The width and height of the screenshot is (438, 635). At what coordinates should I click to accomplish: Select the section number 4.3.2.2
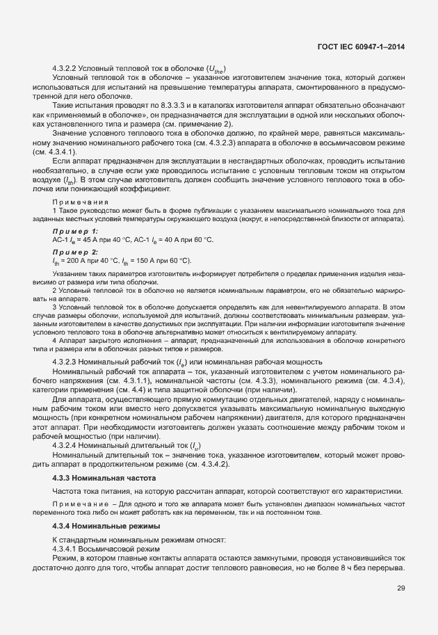(x=65, y=67)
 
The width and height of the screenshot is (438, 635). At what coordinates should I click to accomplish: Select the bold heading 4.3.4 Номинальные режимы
(x=106, y=527)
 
